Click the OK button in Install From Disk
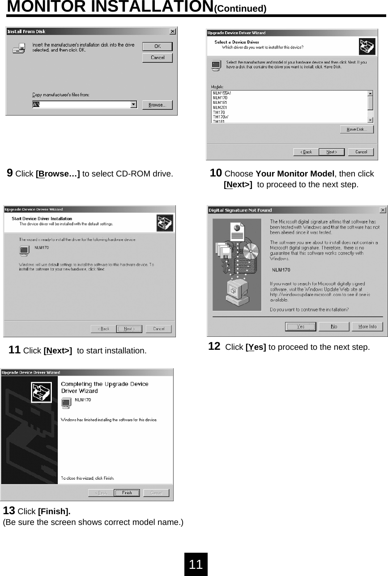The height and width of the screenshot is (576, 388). coord(157,47)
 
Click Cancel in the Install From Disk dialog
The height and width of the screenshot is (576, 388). coord(157,58)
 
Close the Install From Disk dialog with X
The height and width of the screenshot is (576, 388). coord(173,31)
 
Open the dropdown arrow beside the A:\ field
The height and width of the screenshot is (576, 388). coord(133,105)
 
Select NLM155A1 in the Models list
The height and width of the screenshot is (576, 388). coord(222,93)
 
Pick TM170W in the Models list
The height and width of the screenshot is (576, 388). coord(220,117)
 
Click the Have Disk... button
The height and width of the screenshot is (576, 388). coord(357,129)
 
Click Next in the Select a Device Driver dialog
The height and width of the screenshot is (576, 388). coord(332,152)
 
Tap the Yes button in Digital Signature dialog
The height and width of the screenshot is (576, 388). coord(300,327)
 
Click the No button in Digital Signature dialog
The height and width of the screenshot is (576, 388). coord(334,327)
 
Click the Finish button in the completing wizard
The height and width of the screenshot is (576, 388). coord(127,493)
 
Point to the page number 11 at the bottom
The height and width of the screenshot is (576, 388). coord(196,564)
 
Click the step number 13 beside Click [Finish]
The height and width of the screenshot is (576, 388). coord(9,511)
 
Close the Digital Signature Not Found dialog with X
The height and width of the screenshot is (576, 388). coord(383,210)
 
